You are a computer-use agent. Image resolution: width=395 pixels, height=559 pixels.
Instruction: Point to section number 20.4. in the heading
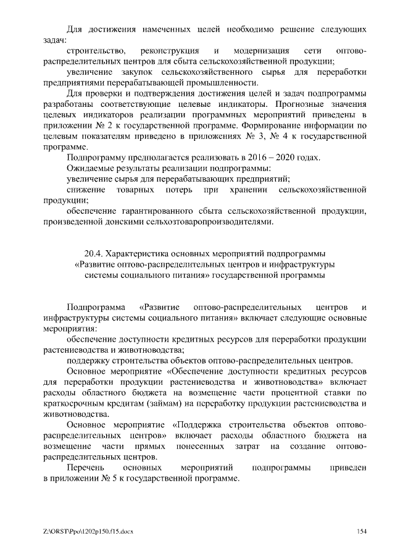pyautogui.click(x=94, y=254)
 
